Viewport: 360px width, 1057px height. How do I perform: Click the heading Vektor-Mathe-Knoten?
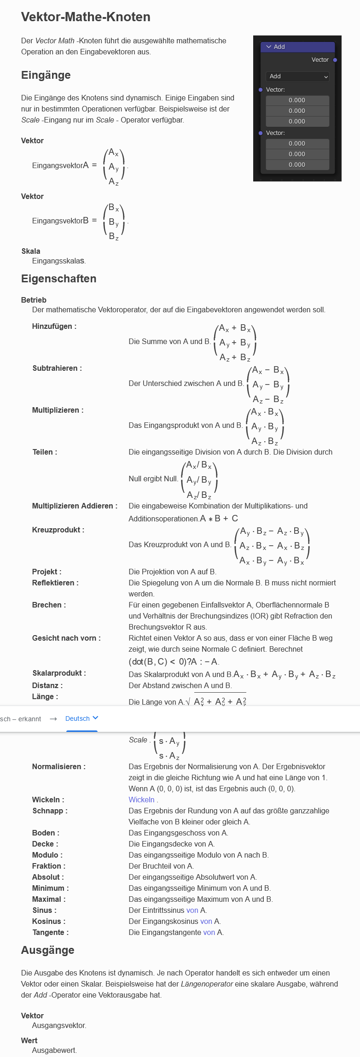point(86,17)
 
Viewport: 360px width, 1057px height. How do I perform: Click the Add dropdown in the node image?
point(297,76)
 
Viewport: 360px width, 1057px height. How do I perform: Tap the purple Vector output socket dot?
point(335,60)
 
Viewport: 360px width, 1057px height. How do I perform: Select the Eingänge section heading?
point(46,75)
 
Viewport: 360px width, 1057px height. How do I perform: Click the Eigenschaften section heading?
point(58,279)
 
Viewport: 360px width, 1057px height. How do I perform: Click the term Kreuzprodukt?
point(58,530)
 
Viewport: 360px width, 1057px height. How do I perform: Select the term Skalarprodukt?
point(59,673)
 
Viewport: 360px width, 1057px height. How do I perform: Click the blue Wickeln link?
point(141,800)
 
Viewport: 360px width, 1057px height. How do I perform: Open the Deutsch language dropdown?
point(81,718)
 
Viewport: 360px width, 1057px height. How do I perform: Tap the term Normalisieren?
point(58,767)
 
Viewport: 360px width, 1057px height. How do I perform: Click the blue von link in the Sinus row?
point(192,911)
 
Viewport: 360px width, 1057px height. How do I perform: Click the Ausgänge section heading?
point(47,950)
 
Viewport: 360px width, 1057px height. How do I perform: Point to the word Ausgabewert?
point(54,1051)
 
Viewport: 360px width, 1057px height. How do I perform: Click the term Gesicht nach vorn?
point(66,638)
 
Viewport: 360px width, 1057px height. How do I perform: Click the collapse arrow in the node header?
point(269,47)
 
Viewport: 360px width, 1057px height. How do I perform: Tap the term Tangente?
point(50,933)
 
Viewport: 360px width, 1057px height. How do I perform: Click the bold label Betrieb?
point(34,300)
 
